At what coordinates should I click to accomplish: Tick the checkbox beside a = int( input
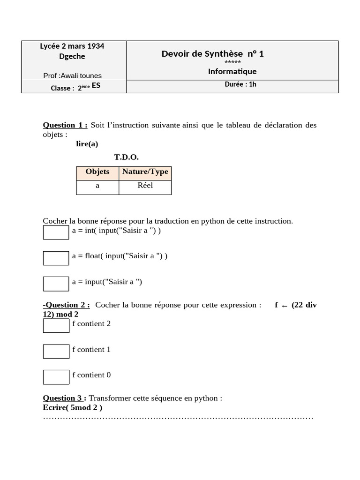point(56,232)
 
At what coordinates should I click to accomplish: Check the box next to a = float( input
point(56,258)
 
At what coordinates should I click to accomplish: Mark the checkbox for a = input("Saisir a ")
point(56,284)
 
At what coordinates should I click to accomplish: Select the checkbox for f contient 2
point(56,325)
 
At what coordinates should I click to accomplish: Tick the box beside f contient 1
point(56,351)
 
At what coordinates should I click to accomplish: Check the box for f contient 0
point(56,377)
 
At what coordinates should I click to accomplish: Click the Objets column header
point(97,172)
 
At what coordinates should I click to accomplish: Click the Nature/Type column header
point(145,172)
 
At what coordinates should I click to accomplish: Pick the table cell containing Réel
point(145,186)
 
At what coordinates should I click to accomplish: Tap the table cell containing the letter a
point(97,186)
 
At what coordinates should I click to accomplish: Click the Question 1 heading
point(65,125)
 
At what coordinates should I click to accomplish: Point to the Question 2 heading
point(67,305)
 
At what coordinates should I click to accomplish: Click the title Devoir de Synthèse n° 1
point(213,54)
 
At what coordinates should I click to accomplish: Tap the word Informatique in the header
point(232,72)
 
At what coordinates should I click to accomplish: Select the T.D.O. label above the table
point(126,157)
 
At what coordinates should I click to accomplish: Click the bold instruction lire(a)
point(87,144)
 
